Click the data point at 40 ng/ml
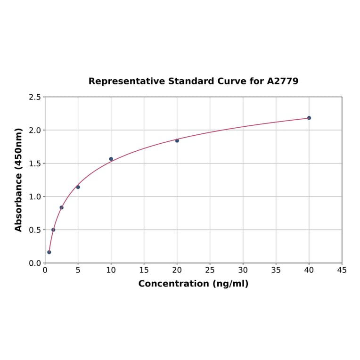309,118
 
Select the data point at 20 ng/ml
177,140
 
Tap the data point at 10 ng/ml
111,159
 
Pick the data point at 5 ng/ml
78,187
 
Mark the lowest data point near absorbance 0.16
49,252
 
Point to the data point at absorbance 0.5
53,230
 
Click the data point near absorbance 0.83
61,207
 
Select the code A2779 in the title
283,81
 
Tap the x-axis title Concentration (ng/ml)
193,284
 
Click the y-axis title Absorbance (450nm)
19,180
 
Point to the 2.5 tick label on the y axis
35,97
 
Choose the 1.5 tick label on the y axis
35,164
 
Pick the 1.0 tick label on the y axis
35,196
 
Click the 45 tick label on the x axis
342,270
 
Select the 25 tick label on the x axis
210,270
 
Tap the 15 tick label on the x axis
144,270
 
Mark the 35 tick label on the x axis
276,270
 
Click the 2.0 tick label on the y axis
35,130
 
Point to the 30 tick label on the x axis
243,270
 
